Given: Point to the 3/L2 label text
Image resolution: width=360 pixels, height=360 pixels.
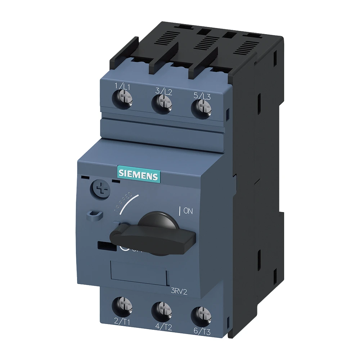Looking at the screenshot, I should click(164, 91).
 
